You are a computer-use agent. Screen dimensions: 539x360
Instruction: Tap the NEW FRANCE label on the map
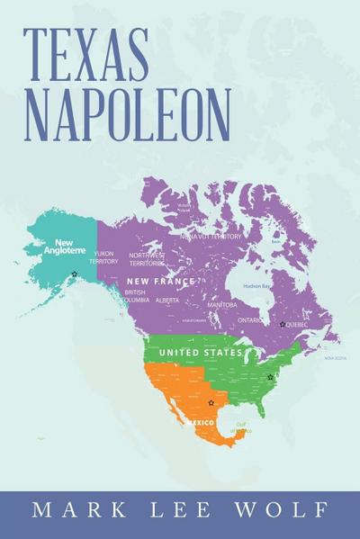[x=160, y=283]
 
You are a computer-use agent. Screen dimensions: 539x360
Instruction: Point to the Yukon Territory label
[x=104, y=257]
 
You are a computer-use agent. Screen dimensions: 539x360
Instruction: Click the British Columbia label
[x=135, y=296]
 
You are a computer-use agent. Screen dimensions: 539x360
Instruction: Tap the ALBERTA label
[x=167, y=301]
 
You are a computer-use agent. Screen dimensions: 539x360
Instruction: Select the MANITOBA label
[x=222, y=305]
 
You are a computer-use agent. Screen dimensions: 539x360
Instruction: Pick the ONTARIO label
[x=250, y=319]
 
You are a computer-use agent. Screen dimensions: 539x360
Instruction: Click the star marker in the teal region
[x=75, y=274]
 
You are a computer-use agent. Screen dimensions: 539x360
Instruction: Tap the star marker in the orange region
[x=211, y=402]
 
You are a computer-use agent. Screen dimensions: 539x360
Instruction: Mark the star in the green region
[x=270, y=377]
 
